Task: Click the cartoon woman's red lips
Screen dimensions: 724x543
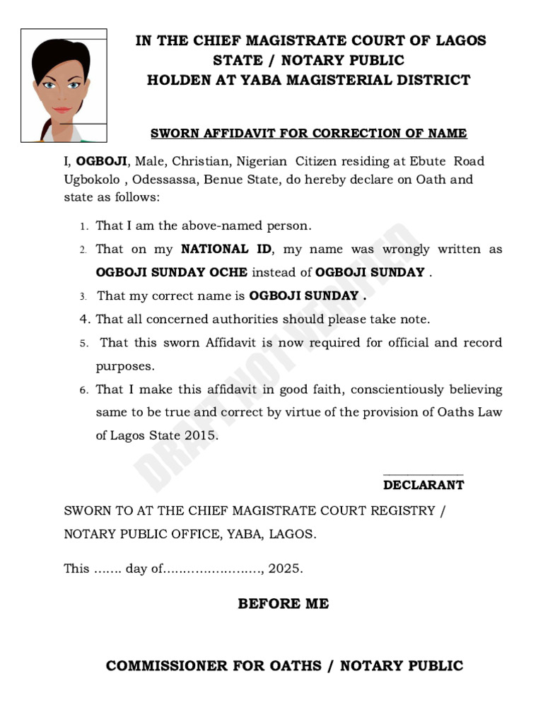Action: point(62,110)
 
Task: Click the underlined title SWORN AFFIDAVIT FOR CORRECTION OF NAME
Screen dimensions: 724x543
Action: point(308,133)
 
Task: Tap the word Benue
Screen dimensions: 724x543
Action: point(226,179)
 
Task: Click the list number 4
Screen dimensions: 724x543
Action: point(83,320)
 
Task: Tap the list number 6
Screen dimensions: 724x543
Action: point(83,390)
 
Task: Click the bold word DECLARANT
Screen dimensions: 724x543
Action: point(423,485)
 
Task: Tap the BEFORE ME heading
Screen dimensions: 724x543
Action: point(283,603)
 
